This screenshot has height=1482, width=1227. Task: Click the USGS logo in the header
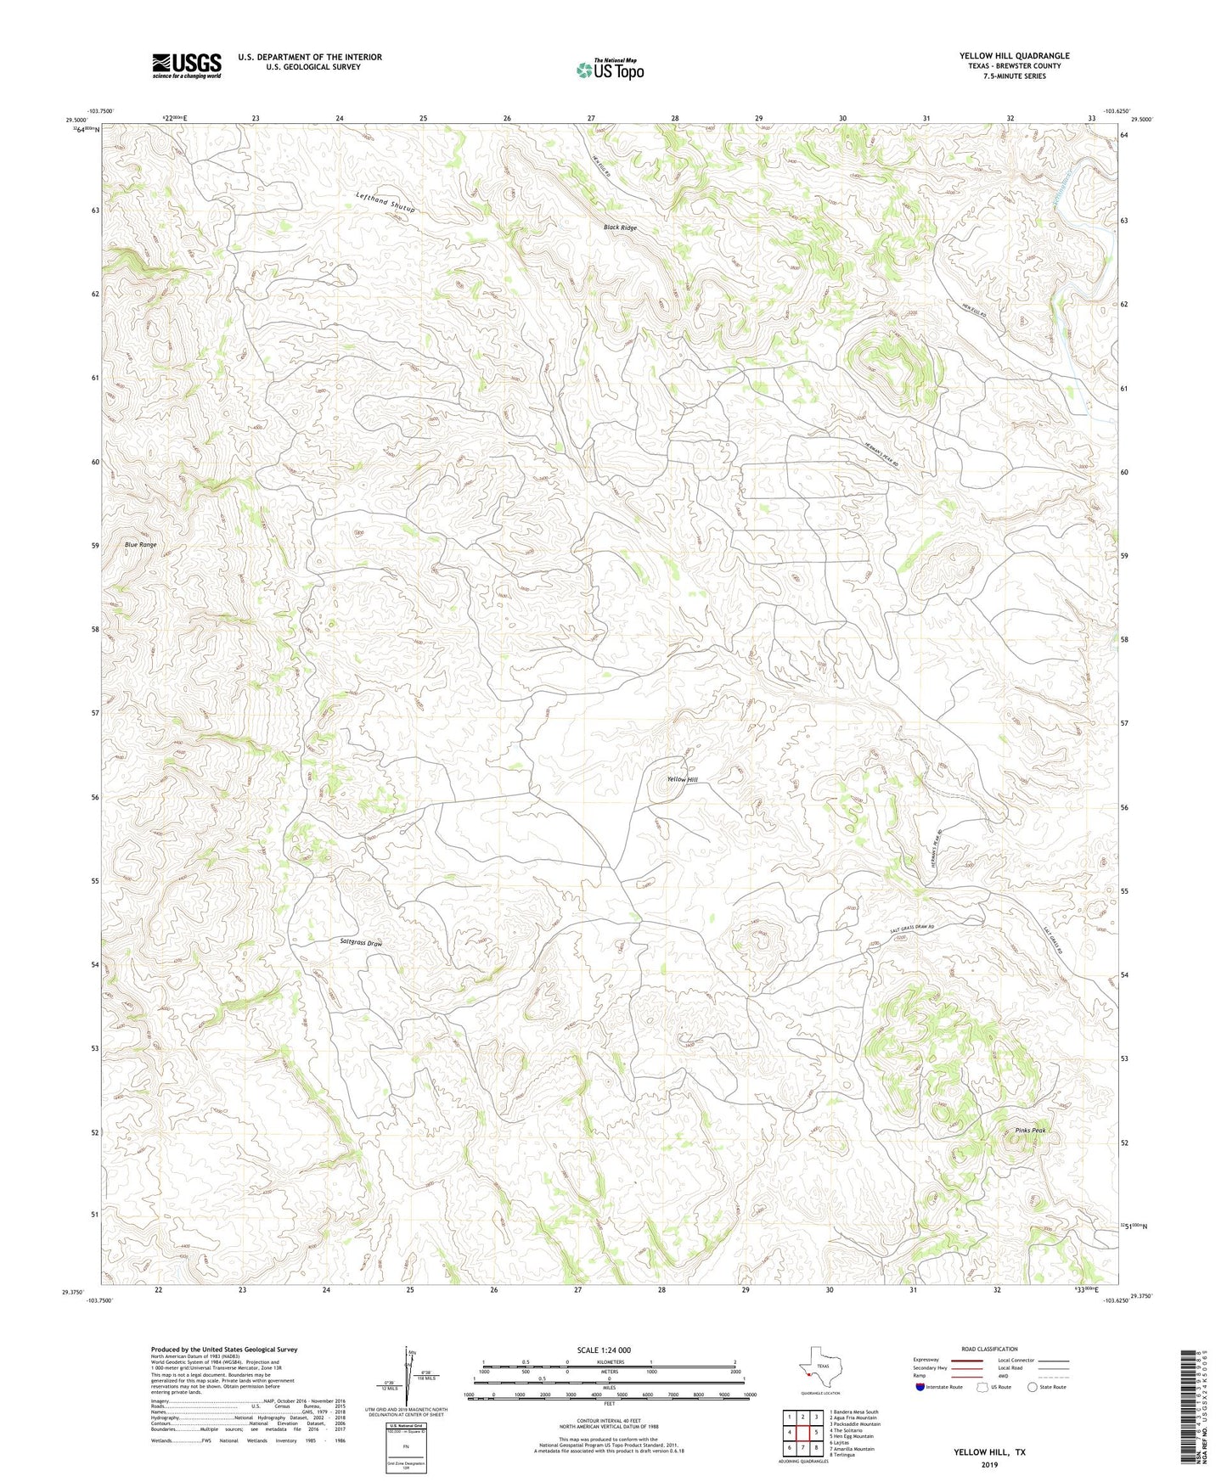187,65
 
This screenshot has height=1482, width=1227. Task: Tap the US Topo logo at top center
609,70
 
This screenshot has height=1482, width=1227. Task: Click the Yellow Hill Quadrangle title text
1014,56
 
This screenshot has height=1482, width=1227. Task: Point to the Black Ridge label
620,227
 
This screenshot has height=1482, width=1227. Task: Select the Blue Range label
141,544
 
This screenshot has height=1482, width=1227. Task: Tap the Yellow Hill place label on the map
682,779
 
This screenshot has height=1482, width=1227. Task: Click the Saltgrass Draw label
361,943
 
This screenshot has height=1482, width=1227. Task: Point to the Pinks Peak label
1030,1130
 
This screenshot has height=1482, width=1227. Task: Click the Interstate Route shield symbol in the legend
920,1387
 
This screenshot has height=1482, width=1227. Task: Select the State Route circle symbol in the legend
1032,1387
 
